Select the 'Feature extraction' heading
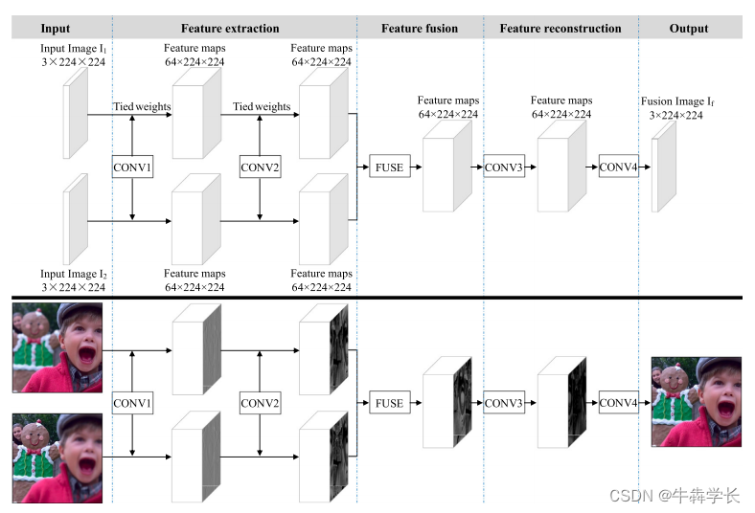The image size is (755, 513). point(230,29)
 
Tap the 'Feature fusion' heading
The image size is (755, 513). point(420,29)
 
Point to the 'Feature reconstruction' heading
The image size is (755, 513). point(561,29)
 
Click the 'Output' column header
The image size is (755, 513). point(689,29)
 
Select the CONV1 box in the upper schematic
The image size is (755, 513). point(132,167)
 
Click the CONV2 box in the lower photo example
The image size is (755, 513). point(260,404)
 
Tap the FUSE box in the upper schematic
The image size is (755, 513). point(389,167)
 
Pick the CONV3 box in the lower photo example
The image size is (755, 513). point(504,404)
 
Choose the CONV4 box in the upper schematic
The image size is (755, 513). point(618,167)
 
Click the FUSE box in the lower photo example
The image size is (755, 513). point(389,404)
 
